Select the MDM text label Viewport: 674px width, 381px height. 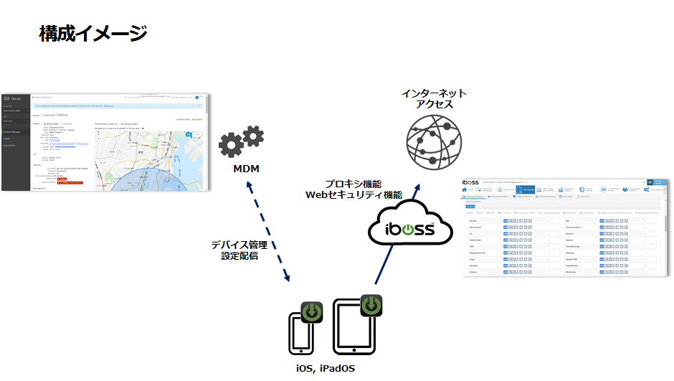(246, 169)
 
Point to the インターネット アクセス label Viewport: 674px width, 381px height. (435, 99)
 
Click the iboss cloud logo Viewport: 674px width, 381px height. (410, 229)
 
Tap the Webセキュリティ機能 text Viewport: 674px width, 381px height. (353, 194)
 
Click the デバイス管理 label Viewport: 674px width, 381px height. (239, 245)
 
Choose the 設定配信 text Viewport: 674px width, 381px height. (239, 255)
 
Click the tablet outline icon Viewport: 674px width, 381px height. (354, 327)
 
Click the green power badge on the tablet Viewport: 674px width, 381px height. (371, 305)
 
